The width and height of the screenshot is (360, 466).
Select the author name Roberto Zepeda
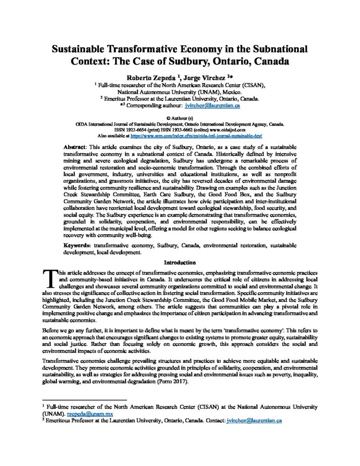[x=148, y=77]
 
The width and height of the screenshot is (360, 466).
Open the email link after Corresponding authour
[x=213, y=105]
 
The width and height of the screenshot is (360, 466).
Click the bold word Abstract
[x=75, y=148]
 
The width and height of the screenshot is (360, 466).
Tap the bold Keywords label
[x=77, y=245]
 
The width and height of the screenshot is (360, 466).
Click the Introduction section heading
[x=180, y=263]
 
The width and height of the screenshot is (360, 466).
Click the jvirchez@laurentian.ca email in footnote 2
[x=254, y=421]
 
